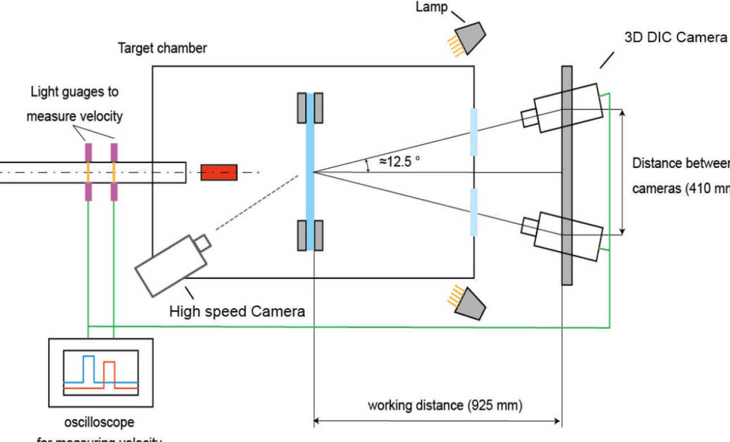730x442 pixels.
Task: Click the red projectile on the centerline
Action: (219, 172)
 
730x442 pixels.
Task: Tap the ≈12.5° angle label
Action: (399, 162)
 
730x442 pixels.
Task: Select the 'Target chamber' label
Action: (162, 48)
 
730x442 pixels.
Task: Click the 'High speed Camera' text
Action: (237, 311)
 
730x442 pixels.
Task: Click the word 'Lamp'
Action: (431, 8)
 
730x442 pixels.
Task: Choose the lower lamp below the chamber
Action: (470, 303)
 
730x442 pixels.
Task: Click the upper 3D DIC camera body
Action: (568, 108)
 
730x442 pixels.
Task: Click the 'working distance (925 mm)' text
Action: (445, 405)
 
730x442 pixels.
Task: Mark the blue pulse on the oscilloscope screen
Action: (88, 368)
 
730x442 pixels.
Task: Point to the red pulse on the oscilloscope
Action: (109, 373)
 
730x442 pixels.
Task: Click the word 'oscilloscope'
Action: (100, 422)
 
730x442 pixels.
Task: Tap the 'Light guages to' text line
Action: (75, 92)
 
